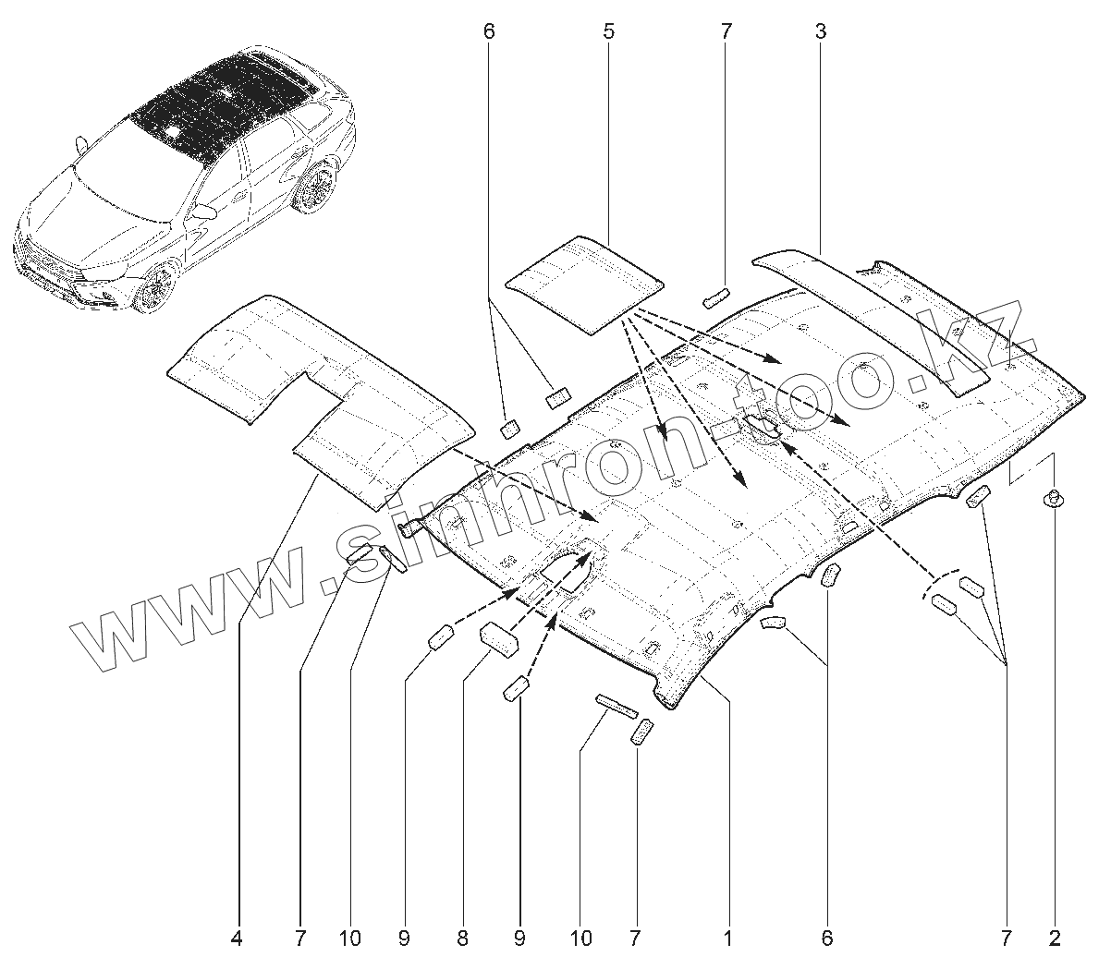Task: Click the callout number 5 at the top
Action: [x=608, y=31]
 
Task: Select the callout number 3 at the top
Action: [x=821, y=31]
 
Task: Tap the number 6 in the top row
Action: [x=489, y=31]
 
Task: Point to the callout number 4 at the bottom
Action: [x=237, y=939]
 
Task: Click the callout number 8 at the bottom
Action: [x=462, y=939]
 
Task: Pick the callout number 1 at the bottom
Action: [x=728, y=939]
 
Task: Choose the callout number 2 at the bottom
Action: [x=1055, y=939]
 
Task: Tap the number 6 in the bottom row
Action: [x=826, y=939]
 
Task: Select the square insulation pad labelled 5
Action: [x=587, y=282]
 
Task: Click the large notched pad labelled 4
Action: [x=314, y=388]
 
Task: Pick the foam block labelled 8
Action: [x=498, y=639]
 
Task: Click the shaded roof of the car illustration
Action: [x=222, y=106]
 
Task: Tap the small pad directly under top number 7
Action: [x=715, y=296]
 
